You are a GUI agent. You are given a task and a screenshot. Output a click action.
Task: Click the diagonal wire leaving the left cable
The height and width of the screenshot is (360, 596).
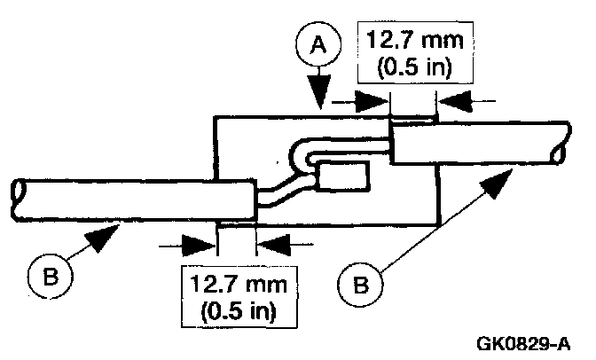coord(279,191)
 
